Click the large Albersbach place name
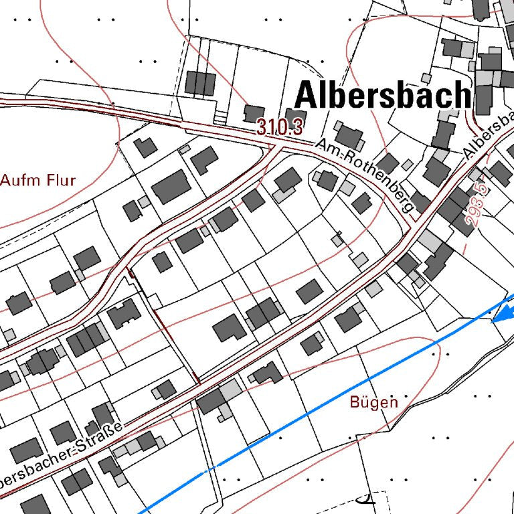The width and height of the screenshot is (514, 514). pyautogui.click(x=383, y=94)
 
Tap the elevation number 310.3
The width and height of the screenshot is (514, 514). pyautogui.click(x=280, y=127)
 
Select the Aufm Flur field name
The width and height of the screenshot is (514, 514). pyautogui.click(x=38, y=180)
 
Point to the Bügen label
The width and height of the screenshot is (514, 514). pyautogui.click(x=373, y=402)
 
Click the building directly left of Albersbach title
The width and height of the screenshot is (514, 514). pyautogui.click(x=200, y=83)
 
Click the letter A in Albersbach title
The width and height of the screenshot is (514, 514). pyautogui.click(x=306, y=94)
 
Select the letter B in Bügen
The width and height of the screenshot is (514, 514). pyautogui.click(x=355, y=402)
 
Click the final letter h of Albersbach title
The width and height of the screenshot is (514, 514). pyautogui.click(x=462, y=94)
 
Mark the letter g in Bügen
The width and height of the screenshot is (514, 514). pyautogui.click(x=375, y=404)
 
